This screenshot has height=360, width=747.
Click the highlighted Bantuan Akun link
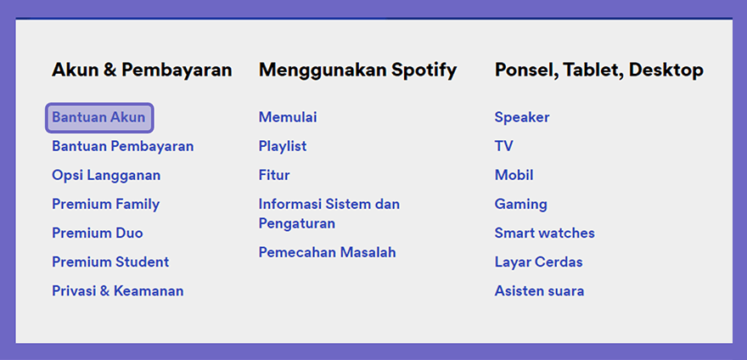click(x=99, y=117)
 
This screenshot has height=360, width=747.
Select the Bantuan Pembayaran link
click(x=123, y=146)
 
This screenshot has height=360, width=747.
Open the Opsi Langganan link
click(x=106, y=176)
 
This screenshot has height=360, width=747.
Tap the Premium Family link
click(x=106, y=205)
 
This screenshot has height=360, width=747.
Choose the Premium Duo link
click(x=97, y=233)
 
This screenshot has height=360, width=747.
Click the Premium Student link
click(x=110, y=262)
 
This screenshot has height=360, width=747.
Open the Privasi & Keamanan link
click(x=118, y=291)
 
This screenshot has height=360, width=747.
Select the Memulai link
click(x=288, y=117)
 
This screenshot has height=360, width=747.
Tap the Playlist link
click(x=283, y=146)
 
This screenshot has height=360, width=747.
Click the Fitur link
click(x=274, y=175)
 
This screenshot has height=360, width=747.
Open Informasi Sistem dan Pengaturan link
click(x=329, y=214)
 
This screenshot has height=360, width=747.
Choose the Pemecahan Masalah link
click(x=328, y=252)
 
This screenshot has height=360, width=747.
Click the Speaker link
click(x=522, y=117)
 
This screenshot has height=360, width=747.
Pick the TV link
click(x=503, y=146)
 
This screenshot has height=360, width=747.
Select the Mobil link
click(x=514, y=175)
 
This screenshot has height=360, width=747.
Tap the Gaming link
click(x=520, y=205)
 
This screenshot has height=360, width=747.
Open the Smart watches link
click(x=544, y=233)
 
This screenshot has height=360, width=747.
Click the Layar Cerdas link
click(x=538, y=262)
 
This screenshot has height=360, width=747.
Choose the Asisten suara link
click(x=539, y=291)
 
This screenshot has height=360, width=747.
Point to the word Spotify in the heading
click(x=424, y=70)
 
